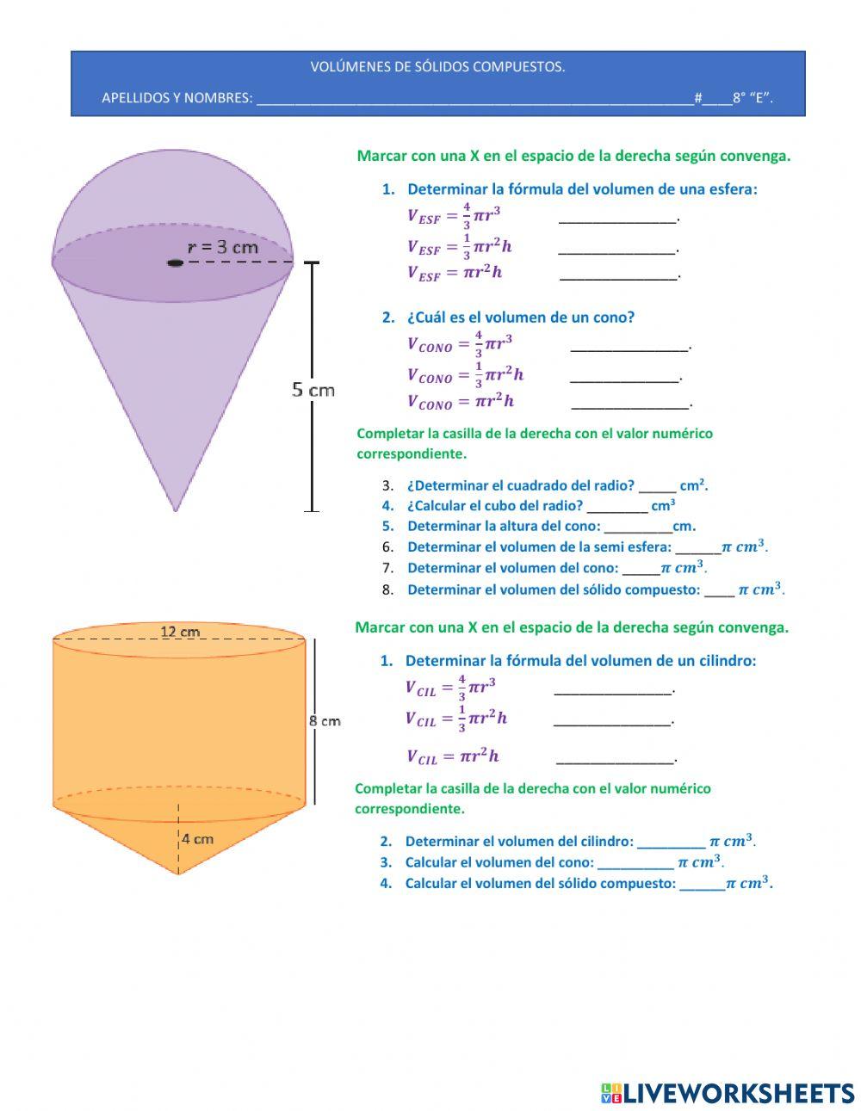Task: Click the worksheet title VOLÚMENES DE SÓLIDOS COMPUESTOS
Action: pos(437,67)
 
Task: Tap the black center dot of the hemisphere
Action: pos(175,262)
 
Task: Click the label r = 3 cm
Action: pos(223,248)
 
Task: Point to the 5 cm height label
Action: pos(313,390)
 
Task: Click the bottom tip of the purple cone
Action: pos(176,511)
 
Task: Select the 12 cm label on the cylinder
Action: pos(180,632)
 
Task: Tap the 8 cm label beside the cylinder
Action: pos(325,721)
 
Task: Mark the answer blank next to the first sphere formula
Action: pos(617,222)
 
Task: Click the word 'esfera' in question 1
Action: pos(734,189)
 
